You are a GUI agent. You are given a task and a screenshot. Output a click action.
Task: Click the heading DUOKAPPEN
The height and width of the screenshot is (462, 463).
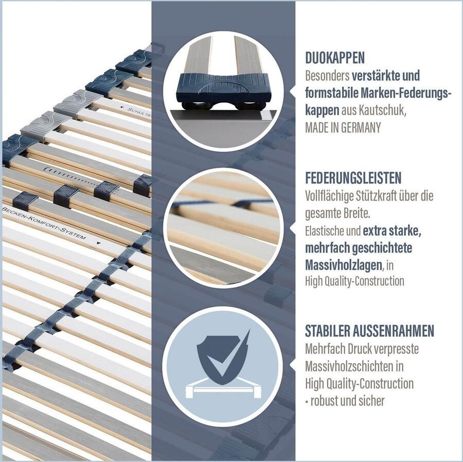(x=335, y=58)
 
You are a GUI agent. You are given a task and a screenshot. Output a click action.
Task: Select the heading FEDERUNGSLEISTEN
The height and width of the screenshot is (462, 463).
(x=353, y=177)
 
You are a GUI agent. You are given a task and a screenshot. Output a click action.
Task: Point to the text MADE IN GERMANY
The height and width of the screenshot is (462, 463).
(x=343, y=128)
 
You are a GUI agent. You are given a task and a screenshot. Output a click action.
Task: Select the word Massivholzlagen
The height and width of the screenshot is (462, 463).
(x=344, y=265)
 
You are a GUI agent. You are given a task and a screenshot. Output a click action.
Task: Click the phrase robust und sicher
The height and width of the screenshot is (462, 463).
(x=347, y=401)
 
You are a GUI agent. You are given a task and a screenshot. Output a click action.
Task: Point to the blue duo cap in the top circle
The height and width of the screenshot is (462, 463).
(x=224, y=88)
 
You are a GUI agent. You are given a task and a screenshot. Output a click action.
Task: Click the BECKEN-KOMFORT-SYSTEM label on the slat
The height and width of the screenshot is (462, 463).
(x=44, y=223)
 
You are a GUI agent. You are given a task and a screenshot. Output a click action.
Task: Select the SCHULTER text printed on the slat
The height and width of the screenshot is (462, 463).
(x=139, y=113)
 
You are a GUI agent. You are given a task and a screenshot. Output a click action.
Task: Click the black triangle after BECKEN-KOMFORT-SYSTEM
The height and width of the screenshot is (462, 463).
(x=98, y=243)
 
